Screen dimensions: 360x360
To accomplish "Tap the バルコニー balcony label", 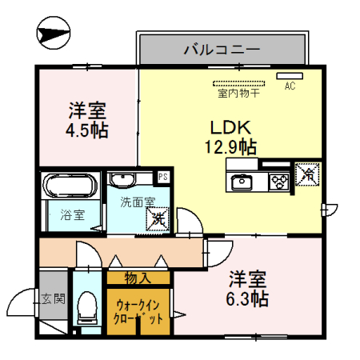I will click(222, 49).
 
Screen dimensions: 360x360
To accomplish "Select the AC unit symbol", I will click(287, 76).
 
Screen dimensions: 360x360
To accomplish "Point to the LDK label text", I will click(231, 126).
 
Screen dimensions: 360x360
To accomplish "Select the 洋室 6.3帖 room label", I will click(248, 290).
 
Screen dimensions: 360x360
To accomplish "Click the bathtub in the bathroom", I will click(70, 188).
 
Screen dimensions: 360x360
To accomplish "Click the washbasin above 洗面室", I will click(122, 181).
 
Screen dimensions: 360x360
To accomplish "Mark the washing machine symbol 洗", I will click(158, 216).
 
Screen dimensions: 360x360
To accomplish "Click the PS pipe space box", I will click(163, 177).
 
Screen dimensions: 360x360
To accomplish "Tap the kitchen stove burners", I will click(278, 181).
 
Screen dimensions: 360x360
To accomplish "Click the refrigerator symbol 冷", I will click(307, 173).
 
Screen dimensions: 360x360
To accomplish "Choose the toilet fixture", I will click(86, 309).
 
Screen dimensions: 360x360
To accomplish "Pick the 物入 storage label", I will click(138, 278).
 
